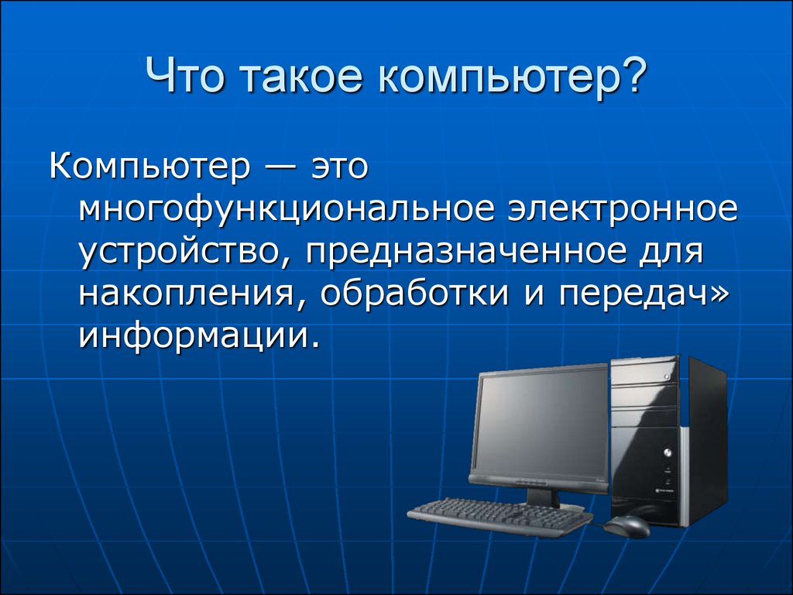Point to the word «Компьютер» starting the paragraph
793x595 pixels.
coord(149,167)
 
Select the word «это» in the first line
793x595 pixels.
coord(339,167)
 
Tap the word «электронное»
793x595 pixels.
coord(623,208)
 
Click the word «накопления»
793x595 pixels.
coord(186,294)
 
